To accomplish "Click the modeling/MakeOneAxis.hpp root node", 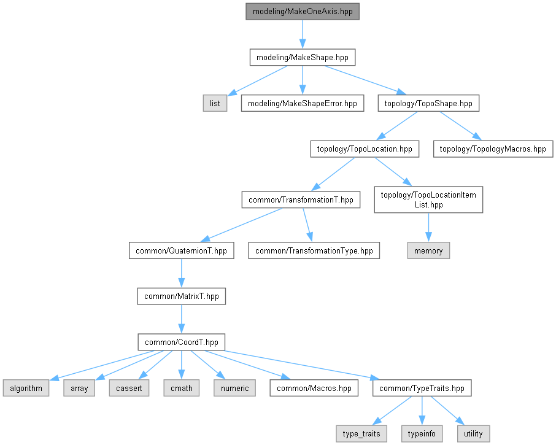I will coord(303,12).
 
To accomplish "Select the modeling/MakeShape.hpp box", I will coord(303,58).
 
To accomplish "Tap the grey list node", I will coord(215,103).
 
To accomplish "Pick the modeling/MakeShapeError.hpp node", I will coord(302,103).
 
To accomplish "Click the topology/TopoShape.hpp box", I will coord(428,103).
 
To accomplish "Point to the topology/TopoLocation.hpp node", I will coord(365,149).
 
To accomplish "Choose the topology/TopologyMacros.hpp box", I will coord(493,149).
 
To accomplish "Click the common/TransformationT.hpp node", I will coord(301,200).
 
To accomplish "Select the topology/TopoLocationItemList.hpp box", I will coord(428,200).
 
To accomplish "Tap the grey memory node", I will coord(428,250).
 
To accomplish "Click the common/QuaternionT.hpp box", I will coord(181,250).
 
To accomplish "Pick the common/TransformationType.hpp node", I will coord(314,250).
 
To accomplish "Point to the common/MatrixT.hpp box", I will coord(181,296).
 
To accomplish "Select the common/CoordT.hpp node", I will coord(181,342).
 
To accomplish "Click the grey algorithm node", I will coord(26,388).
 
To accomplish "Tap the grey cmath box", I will coord(182,388).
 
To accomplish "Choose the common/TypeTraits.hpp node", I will coord(422,388).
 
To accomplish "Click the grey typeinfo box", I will coord(422,433).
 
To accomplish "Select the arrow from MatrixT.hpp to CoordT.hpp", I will coord(181,319).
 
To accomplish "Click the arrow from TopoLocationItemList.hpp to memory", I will coord(428,228).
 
